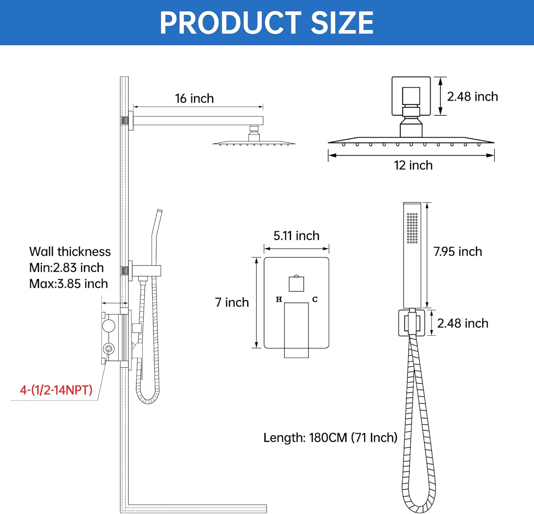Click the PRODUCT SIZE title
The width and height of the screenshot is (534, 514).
coord(267,23)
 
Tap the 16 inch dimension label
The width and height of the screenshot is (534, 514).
coord(194,98)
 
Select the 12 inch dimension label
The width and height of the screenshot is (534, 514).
coord(413,165)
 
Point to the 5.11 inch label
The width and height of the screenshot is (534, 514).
coord(296,236)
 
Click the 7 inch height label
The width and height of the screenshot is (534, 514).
coord(232,302)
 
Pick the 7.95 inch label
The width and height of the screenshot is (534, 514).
coord(457,252)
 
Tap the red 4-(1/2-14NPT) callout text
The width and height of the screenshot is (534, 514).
coord(56,390)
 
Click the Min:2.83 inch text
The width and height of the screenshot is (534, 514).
coord(67,268)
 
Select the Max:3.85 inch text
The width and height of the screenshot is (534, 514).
coord(68,284)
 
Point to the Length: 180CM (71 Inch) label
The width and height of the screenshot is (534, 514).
coord(330,438)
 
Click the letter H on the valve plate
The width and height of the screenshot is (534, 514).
coord(279,299)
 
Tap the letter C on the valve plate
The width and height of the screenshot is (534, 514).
coord(315,299)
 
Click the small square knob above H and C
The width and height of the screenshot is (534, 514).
coord(296,284)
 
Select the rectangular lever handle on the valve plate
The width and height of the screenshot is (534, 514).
coord(296,330)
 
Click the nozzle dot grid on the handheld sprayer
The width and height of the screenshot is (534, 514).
coord(412,228)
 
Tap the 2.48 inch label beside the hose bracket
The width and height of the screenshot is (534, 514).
coord(462,323)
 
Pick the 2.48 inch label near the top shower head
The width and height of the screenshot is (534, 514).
coord(472,97)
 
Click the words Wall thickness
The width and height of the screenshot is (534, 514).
coord(70,252)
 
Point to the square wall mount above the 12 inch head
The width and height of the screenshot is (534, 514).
coord(411,96)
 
